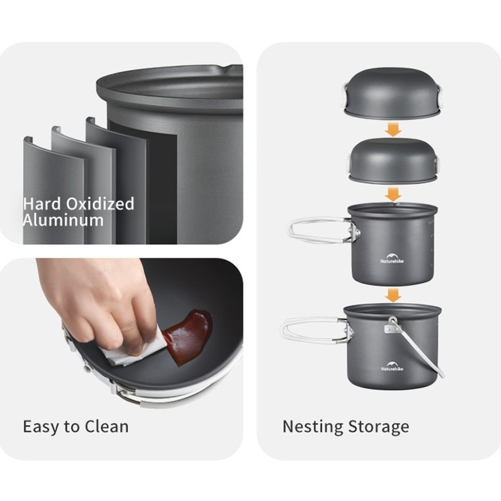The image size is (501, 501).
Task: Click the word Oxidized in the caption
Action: (100, 204)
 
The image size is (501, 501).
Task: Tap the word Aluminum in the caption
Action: (63, 220)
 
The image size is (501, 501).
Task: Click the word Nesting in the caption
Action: (313, 427)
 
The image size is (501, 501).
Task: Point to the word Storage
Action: (379, 427)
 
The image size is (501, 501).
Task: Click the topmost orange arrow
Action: (393, 129)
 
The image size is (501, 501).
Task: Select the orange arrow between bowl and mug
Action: (393, 194)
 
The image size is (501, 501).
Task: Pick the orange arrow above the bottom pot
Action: (393, 295)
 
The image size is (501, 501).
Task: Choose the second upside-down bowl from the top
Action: (393, 161)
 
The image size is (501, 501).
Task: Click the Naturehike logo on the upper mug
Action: (392, 258)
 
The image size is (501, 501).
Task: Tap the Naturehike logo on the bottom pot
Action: (392, 366)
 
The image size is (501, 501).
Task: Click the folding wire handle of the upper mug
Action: (323, 230)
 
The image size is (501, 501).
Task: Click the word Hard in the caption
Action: (42, 204)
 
